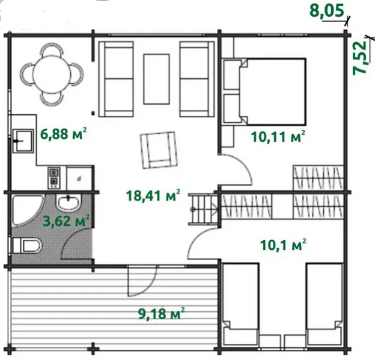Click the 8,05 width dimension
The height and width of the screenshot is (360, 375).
(x=327, y=11)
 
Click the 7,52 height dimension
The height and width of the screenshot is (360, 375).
(x=359, y=58)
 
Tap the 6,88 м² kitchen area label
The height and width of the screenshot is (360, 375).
(x=63, y=133)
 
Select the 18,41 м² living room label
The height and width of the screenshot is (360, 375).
(x=153, y=195)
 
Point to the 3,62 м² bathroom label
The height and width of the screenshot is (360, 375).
(x=67, y=221)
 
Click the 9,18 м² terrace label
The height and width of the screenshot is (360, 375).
(x=162, y=314)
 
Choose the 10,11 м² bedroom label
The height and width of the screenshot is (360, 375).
(x=278, y=137)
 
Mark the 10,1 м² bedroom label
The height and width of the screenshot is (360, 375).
(x=283, y=245)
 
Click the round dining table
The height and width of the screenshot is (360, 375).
(x=52, y=74)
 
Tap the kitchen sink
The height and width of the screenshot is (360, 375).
(x=23, y=141)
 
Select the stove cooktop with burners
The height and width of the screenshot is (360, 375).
(x=54, y=178)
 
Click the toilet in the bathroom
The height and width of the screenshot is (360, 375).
(x=27, y=245)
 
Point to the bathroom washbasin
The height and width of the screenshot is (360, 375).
(x=68, y=203)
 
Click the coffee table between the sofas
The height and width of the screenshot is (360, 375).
(x=156, y=79)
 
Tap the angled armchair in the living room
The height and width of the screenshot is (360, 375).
(x=159, y=150)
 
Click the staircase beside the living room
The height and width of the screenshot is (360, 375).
(x=204, y=209)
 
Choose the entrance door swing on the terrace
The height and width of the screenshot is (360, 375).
(x=142, y=281)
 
